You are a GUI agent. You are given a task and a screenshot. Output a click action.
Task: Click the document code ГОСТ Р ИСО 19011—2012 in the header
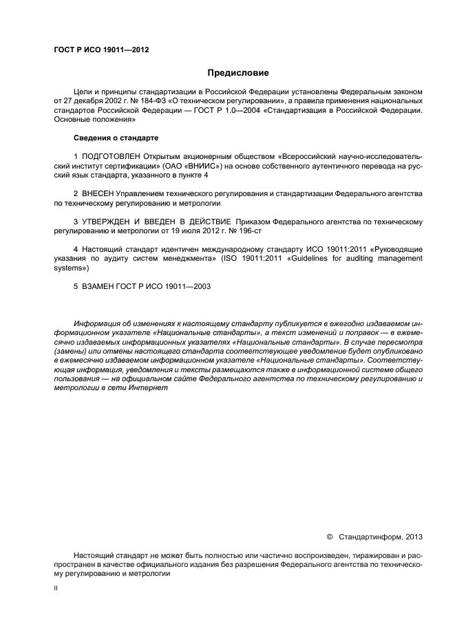[x=101, y=50]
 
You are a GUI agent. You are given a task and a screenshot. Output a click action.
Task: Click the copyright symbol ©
[x=330, y=536]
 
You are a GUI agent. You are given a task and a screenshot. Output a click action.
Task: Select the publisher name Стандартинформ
[x=372, y=536]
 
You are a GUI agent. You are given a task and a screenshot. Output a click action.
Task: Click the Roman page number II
[x=56, y=590]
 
